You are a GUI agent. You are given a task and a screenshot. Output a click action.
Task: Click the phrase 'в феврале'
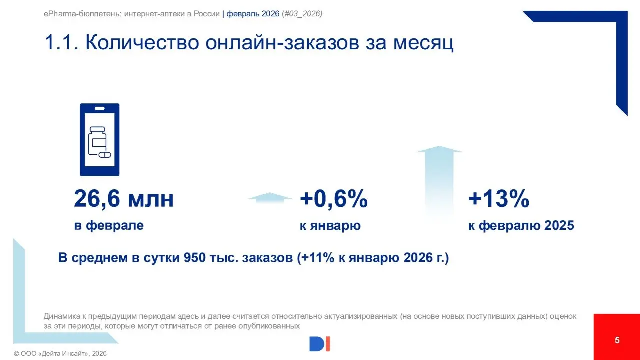[x=109, y=225]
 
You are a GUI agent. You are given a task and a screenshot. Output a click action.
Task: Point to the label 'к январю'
[x=330, y=226]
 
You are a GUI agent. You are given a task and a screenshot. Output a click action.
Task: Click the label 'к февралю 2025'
[x=521, y=226]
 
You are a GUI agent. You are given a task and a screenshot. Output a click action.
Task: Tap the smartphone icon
[x=100, y=139]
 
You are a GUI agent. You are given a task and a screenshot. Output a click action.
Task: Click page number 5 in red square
[x=617, y=340]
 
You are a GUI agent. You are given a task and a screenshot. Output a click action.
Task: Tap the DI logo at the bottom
[x=320, y=344]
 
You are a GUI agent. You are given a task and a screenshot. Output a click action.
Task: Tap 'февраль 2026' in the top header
[x=253, y=14]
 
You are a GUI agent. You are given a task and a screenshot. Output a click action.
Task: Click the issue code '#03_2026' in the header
[x=302, y=14]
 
